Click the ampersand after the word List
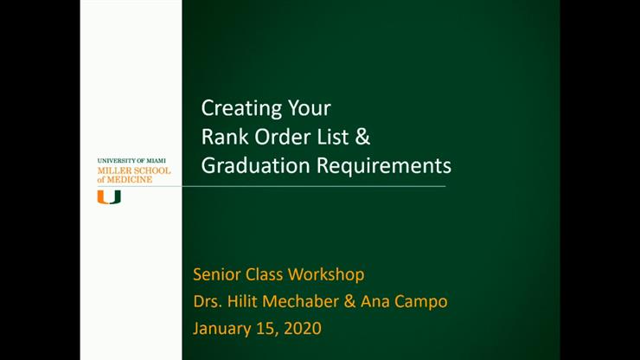click(x=363, y=137)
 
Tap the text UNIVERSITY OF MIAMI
click(x=132, y=162)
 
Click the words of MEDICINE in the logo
click(x=125, y=180)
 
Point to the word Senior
click(x=216, y=275)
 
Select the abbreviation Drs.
click(x=208, y=302)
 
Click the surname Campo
click(x=426, y=302)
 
